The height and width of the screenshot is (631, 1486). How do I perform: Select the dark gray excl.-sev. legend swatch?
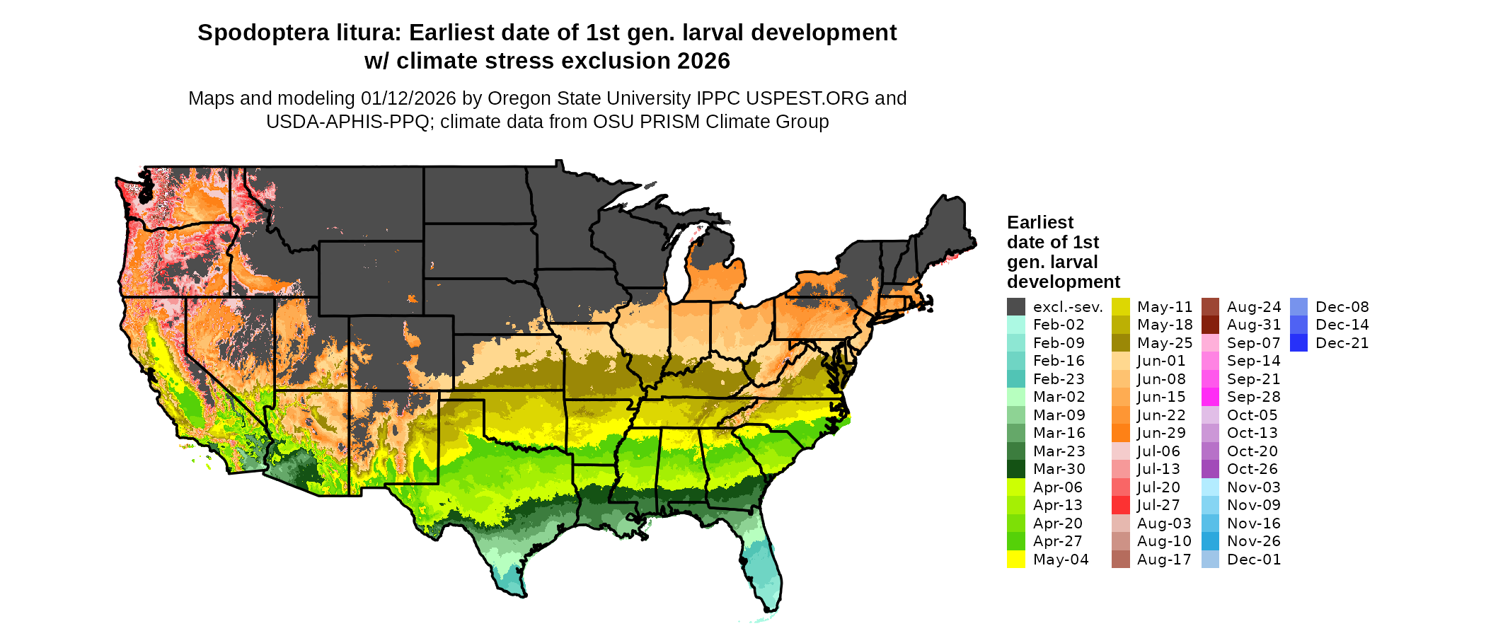(1016, 307)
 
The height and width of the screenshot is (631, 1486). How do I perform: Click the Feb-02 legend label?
(1058, 325)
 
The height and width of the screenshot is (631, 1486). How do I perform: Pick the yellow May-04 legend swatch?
(1016, 560)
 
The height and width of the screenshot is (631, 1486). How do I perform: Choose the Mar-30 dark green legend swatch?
(1016, 469)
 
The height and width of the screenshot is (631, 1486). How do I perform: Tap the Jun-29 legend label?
(1161, 433)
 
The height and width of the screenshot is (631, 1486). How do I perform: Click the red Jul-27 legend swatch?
(1121, 505)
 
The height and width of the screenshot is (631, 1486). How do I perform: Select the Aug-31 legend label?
(1253, 325)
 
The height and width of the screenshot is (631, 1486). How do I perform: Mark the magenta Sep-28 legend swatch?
(1211, 397)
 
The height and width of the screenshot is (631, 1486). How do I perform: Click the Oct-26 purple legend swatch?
(1211, 469)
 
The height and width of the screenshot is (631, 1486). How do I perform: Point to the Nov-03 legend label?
(1253, 487)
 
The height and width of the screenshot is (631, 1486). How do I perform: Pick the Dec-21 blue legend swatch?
(1298, 343)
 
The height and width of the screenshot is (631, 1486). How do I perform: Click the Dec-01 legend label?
(1253, 560)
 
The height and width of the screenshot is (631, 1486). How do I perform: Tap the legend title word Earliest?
(1040, 223)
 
